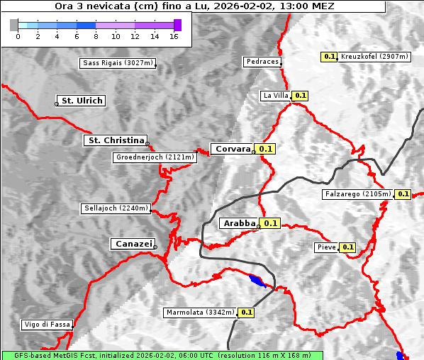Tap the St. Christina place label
(x=115, y=140)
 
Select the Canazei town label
(x=132, y=244)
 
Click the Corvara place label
(x=233, y=149)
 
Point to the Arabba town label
(x=239, y=223)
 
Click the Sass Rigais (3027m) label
(x=118, y=63)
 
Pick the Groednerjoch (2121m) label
(x=154, y=157)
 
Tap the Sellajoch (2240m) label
(x=116, y=208)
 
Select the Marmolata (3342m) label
(x=200, y=312)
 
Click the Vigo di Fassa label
(x=48, y=325)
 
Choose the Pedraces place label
(x=262, y=62)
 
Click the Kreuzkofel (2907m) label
(x=374, y=56)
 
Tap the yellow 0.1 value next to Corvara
(x=266, y=149)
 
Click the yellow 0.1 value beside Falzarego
(x=403, y=193)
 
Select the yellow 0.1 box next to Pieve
(x=347, y=247)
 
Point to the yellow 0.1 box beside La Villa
(x=300, y=95)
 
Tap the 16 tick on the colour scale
(x=174, y=36)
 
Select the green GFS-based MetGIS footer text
(x=162, y=355)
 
